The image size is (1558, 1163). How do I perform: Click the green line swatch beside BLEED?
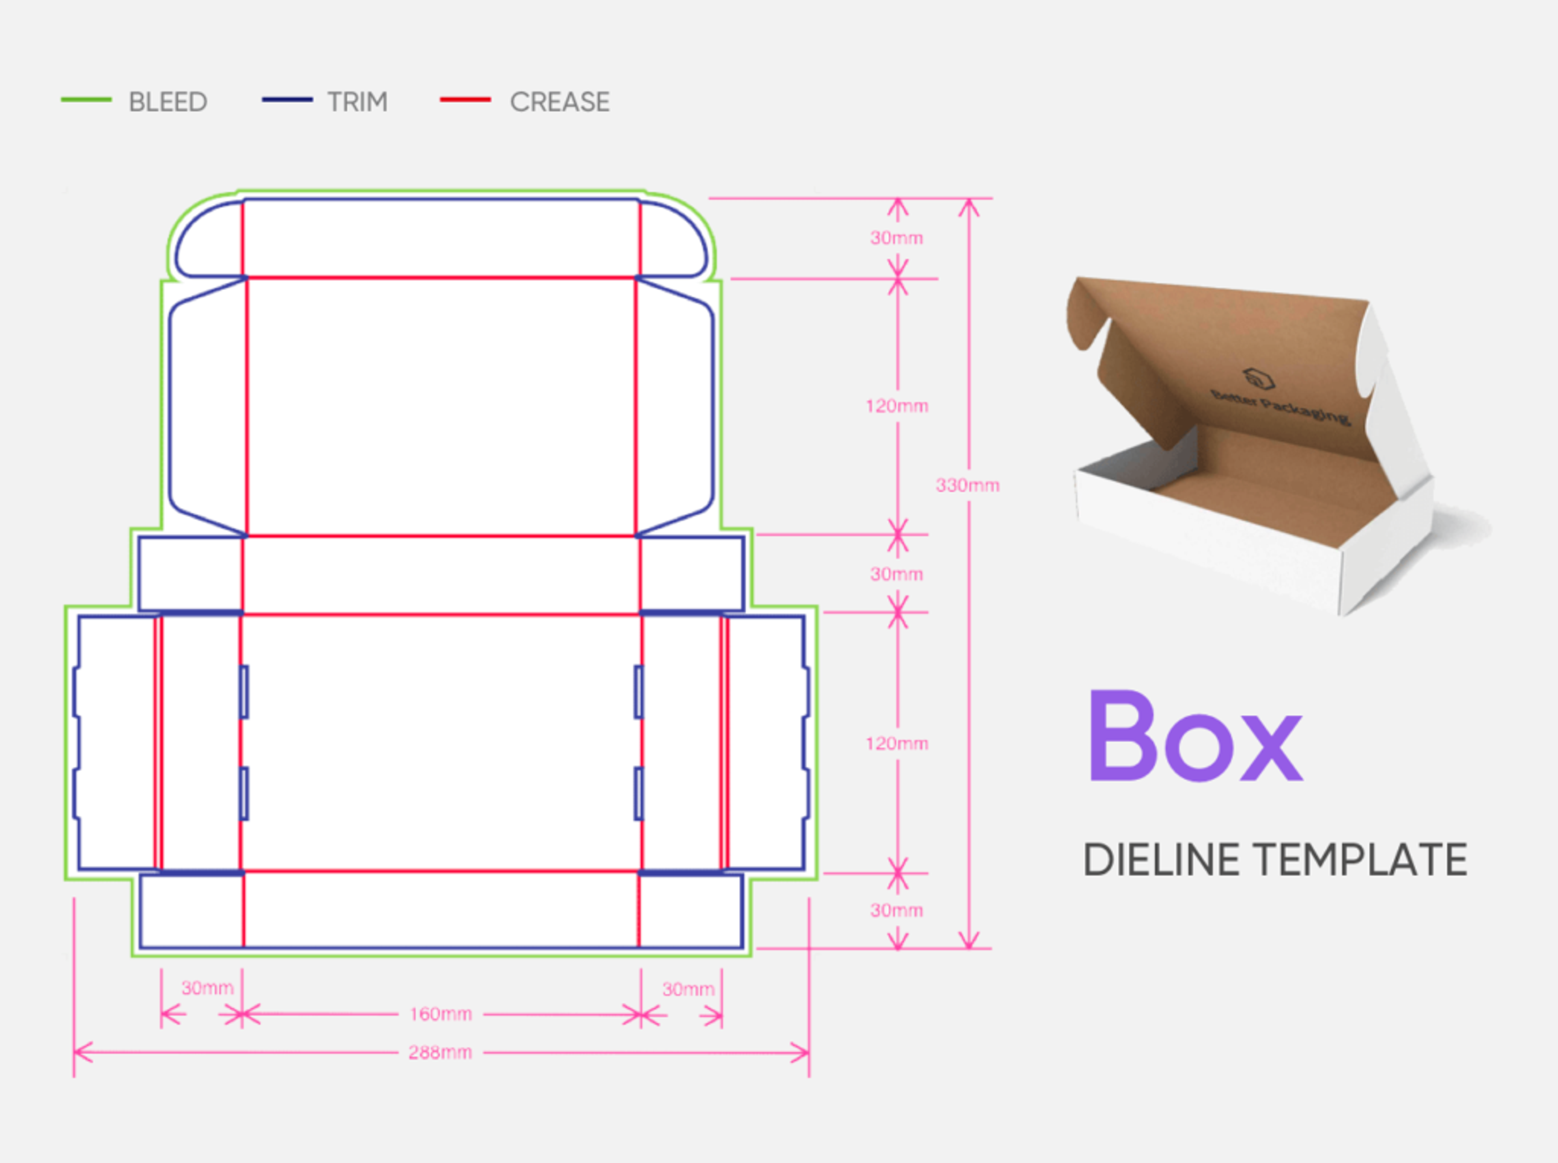click(86, 100)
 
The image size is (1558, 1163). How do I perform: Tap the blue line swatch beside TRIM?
click(287, 100)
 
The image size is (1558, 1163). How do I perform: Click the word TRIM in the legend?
click(357, 102)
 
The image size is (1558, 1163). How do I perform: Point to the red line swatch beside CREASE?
click(465, 100)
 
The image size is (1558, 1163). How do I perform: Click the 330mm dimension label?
click(968, 485)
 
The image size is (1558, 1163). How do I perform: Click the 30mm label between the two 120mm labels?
click(897, 574)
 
